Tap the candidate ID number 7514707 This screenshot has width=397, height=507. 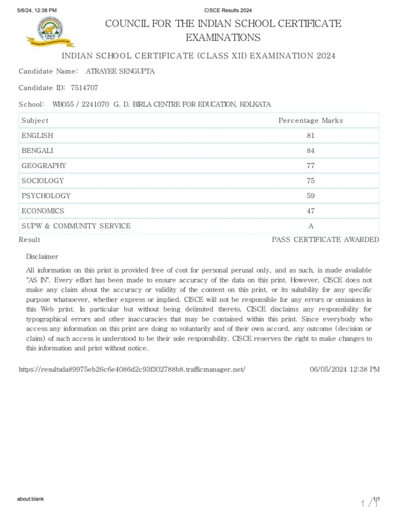[84, 88]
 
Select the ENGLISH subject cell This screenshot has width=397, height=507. [37, 136]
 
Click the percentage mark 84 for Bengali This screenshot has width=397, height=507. [311, 151]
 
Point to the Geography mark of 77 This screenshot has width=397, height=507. [311, 166]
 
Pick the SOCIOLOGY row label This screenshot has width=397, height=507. [43, 181]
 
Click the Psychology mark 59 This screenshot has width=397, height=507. [311, 196]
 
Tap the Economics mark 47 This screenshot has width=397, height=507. [311, 211]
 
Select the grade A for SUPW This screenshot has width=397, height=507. [311, 226]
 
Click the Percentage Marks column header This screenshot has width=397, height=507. [311, 121]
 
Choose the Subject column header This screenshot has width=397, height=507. [35, 121]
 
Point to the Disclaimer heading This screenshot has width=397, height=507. [42, 257]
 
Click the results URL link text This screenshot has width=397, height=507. [132, 369]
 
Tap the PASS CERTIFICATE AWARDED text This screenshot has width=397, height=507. [325, 239]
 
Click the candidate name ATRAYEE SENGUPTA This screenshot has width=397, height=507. [120, 71]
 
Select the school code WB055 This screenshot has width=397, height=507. [63, 104]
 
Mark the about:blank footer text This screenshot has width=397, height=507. [31, 499]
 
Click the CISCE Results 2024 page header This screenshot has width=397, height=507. [228, 10]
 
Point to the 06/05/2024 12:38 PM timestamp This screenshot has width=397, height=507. [344, 369]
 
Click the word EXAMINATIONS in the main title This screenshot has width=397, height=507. [223, 37]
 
